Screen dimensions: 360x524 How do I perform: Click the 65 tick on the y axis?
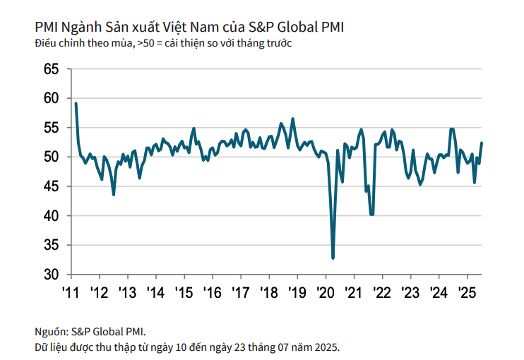click(x=50, y=69)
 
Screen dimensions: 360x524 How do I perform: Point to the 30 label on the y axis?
click(x=50, y=274)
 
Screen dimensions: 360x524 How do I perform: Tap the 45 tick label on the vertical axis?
click(x=50, y=186)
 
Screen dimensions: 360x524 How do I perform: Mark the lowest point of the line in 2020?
click(x=333, y=258)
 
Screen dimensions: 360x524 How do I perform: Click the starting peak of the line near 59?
click(x=76, y=104)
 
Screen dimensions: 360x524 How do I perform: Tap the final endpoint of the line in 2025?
click(x=482, y=143)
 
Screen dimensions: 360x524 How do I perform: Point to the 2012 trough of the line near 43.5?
click(x=114, y=194)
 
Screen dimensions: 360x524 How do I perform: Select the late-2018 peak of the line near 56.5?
click(x=292, y=119)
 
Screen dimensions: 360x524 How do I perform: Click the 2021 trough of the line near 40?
click(x=371, y=214)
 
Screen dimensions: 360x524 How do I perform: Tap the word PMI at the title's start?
click(x=46, y=28)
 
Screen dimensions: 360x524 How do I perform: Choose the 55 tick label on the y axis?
click(x=50, y=128)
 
